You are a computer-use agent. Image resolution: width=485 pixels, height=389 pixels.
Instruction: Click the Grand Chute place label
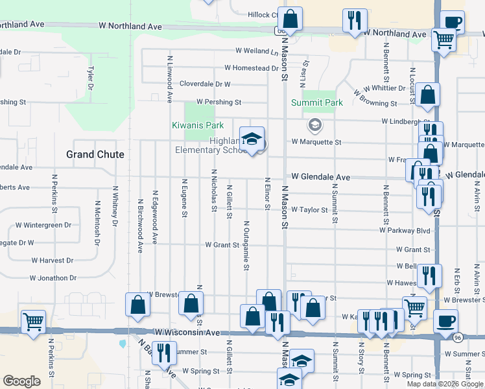tap(95, 154)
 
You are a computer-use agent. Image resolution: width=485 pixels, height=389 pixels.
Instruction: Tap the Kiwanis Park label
tap(197, 125)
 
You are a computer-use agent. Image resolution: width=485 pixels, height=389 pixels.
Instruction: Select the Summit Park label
tap(316, 102)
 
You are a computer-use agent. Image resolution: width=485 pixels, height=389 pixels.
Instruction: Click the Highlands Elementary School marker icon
tap(252, 139)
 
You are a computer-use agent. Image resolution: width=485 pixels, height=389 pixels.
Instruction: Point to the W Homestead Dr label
tap(252, 68)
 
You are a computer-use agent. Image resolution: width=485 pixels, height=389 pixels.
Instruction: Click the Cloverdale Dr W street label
tap(205, 84)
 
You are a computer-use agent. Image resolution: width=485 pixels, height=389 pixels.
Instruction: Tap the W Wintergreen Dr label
tap(43, 225)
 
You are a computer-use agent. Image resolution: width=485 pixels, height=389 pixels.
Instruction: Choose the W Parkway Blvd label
tap(405, 230)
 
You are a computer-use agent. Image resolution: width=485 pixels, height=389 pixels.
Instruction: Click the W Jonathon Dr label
tap(53, 277)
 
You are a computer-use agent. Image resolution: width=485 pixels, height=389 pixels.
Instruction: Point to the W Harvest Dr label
tap(52, 260)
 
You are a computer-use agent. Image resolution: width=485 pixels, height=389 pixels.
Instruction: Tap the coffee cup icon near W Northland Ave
tap(452, 22)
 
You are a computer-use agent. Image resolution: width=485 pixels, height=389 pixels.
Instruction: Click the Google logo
tap(21, 381)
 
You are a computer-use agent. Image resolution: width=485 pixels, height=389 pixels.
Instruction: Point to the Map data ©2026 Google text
tap(444, 384)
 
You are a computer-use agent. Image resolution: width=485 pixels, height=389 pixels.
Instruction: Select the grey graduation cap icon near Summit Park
tap(314, 124)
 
